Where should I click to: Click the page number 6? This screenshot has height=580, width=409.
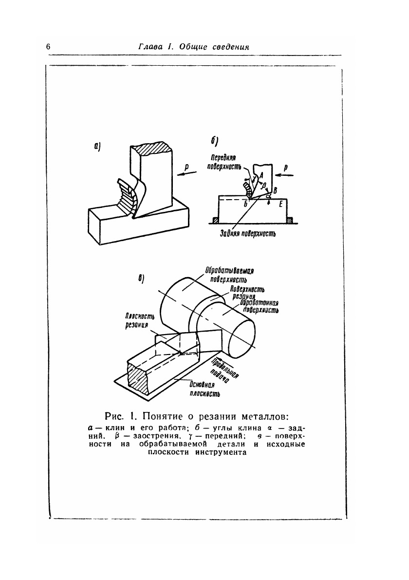[x=48, y=47]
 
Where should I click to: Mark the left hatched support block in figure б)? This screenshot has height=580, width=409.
[x=215, y=221]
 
